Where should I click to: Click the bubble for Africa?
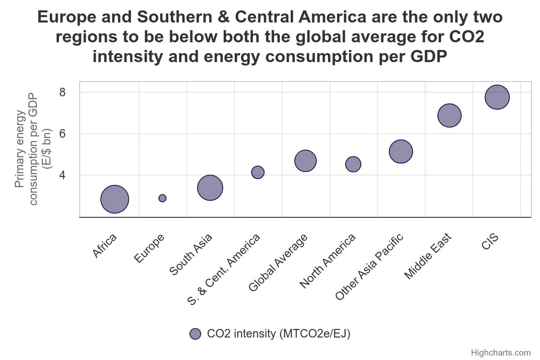pos(115,199)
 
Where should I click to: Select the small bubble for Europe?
pos(162,198)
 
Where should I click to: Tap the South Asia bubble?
pos(210,188)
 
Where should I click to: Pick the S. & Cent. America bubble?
pos(258,172)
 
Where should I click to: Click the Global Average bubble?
pos(306,161)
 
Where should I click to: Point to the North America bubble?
pos(353,164)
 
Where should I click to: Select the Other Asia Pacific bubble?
pos(401,151)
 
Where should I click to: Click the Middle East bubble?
pos(449,115)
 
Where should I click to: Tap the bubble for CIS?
pos(497,97)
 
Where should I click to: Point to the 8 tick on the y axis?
pos(62,92)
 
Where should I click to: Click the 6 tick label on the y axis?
pos(62,134)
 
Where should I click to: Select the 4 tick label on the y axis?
pos(62,175)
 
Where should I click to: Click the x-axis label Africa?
pos(105,246)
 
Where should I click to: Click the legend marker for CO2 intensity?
pos(195,334)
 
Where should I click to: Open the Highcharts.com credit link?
pos(500,352)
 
